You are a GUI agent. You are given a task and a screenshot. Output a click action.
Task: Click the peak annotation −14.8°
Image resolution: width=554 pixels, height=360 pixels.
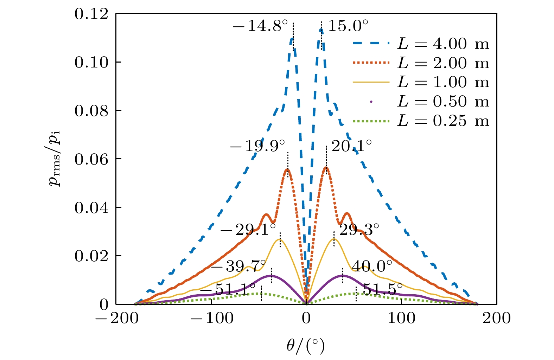click(x=260, y=26)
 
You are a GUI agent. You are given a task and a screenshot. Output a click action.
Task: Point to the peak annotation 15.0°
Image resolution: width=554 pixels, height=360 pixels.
click(x=348, y=26)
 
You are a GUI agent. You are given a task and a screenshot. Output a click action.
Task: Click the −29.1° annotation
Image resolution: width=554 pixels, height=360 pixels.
click(x=248, y=230)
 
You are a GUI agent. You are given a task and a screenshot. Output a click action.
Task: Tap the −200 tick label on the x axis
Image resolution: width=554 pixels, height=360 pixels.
click(x=116, y=319)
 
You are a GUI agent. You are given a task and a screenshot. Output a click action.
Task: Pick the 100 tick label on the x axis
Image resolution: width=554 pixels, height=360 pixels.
click(x=401, y=319)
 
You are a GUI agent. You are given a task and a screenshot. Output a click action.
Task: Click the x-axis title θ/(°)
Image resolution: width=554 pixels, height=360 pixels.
click(x=305, y=346)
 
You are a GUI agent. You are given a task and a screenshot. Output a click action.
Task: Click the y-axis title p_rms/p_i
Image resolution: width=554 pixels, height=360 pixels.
click(x=55, y=159)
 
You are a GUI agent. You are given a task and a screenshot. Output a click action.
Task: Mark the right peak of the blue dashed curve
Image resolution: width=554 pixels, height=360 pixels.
click(x=321, y=30)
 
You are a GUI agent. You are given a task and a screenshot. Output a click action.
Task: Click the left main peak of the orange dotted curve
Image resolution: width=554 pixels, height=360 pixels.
click(x=288, y=169)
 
